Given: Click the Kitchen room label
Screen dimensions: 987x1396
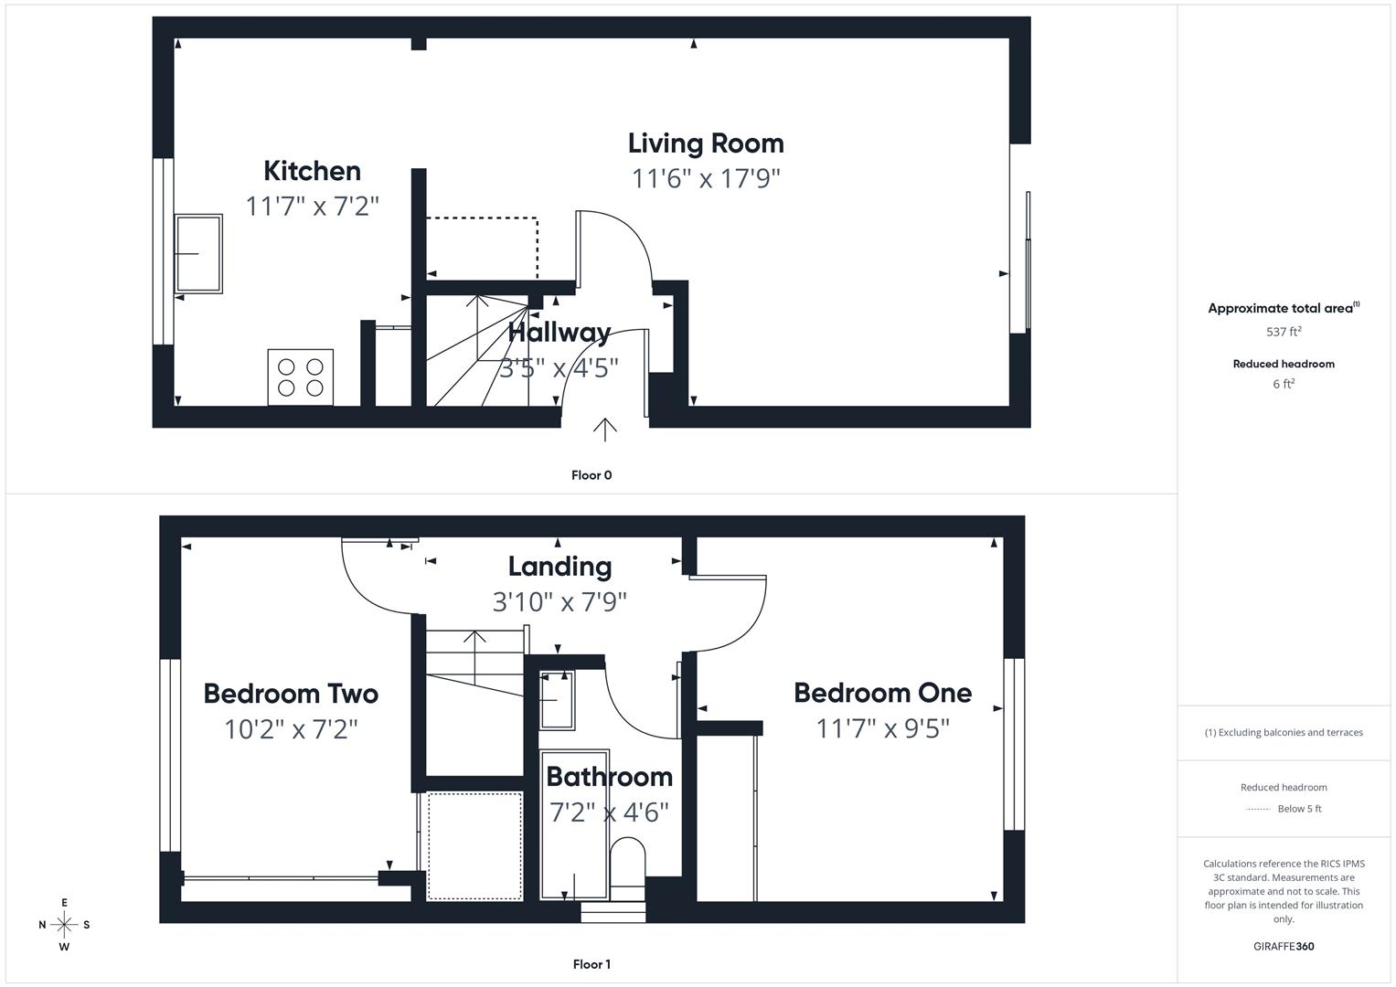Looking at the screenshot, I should pyautogui.click(x=312, y=171).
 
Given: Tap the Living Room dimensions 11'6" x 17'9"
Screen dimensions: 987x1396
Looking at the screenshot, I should pyautogui.click(x=705, y=178).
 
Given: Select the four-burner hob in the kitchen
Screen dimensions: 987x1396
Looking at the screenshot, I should pyautogui.click(x=301, y=377).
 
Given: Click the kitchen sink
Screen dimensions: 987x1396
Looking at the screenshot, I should pyautogui.click(x=198, y=253).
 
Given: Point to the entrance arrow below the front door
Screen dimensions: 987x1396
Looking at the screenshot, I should pyautogui.click(x=604, y=429).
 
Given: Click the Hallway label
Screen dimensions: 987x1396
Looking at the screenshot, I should pyautogui.click(x=559, y=332).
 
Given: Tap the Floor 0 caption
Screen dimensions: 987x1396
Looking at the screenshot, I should pyautogui.click(x=591, y=475).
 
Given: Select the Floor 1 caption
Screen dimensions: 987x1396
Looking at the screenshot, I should pyautogui.click(x=591, y=964).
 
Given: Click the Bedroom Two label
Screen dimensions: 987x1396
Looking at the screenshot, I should pyautogui.click(x=291, y=694).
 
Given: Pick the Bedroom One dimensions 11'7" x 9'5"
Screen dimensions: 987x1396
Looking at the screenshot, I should pyautogui.click(x=882, y=728).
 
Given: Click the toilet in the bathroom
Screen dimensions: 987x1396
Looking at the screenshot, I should pyautogui.click(x=627, y=860).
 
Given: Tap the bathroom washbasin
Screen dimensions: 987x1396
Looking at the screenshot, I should pyautogui.click(x=557, y=700).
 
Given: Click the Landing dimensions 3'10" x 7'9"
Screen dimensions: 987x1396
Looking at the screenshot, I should pyautogui.click(x=559, y=602).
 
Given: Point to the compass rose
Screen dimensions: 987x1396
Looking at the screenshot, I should pyautogui.click(x=64, y=924).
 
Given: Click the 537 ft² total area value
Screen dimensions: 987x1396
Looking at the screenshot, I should pyautogui.click(x=1284, y=332).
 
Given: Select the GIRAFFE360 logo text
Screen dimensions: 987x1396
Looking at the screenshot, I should pyautogui.click(x=1284, y=946).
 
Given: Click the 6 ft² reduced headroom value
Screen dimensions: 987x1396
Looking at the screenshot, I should pyautogui.click(x=1284, y=384).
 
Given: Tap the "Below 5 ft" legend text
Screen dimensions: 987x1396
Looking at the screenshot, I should pyautogui.click(x=1299, y=809).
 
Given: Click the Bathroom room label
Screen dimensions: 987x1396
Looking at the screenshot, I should pyautogui.click(x=609, y=777).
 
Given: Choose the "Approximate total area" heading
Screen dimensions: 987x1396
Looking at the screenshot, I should pyautogui.click(x=1280, y=309).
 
